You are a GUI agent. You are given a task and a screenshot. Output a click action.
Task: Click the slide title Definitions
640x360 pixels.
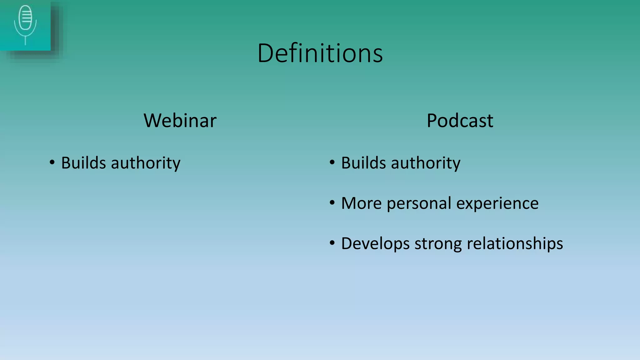click(x=320, y=53)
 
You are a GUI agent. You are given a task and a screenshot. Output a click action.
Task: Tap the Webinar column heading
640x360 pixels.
click(x=180, y=120)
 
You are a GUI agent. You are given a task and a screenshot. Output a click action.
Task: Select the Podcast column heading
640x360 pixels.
click(x=460, y=120)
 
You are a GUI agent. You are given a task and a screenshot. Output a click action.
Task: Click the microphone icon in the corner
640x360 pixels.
click(x=25, y=25)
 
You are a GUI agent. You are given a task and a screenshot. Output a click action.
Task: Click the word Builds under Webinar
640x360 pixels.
click(x=83, y=163)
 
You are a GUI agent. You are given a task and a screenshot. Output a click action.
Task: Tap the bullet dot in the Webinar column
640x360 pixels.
click(x=52, y=162)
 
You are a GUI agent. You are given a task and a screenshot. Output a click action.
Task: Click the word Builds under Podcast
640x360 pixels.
click(x=363, y=163)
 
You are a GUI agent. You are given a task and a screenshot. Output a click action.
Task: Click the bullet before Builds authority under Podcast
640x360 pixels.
click(x=332, y=162)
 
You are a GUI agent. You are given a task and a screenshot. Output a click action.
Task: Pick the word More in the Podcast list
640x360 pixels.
click(x=361, y=203)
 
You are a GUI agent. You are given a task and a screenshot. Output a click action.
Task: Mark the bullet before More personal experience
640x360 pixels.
click(x=332, y=203)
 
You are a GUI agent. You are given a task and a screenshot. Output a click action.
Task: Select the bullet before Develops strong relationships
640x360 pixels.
click(x=332, y=243)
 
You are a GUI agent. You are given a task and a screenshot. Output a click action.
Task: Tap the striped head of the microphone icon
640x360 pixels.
click(x=25, y=17)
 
